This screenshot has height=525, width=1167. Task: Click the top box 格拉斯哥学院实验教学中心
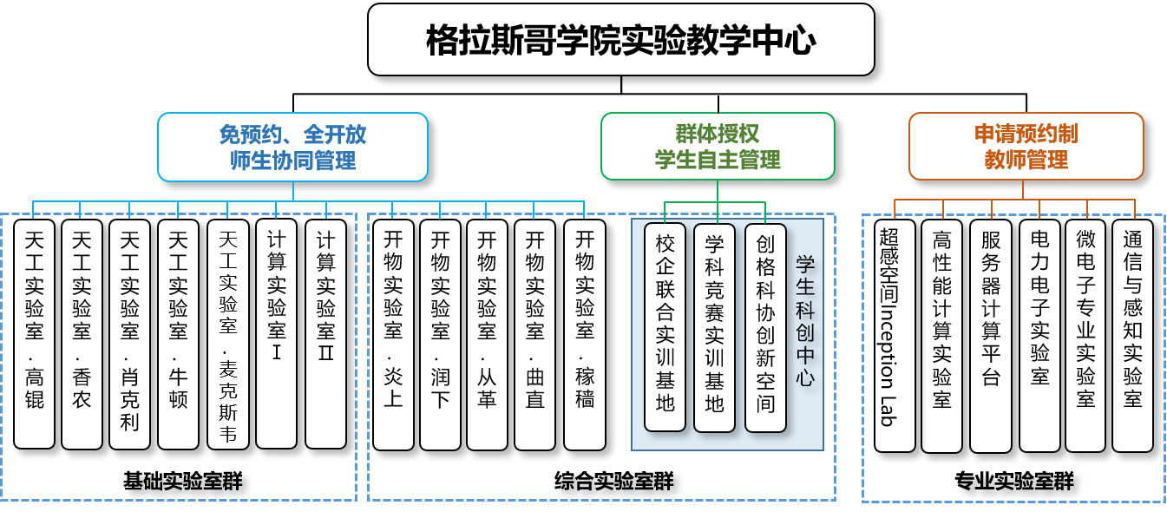[x=621, y=40]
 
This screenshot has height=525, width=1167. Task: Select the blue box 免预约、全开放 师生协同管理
[x=292, y=147]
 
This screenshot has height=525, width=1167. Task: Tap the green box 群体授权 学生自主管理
[x=718, y=147]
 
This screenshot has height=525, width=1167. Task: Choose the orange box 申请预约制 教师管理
[x=1026, y=147]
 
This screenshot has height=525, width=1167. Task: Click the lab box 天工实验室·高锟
[x=34, y=334]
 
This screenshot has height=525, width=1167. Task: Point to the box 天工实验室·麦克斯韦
[x=227, y=334]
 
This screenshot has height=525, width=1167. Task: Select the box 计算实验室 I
[x=276, y=334]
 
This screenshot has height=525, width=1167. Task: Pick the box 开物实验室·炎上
[x=393, y=335]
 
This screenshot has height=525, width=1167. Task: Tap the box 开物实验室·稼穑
[x=585, y=335]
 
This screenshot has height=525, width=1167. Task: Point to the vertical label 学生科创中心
[x=805, y=321]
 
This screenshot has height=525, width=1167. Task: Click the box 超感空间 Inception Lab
[x=895, y=336]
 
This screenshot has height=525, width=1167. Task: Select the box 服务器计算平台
[x=990, y=336]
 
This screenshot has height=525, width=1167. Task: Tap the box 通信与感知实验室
[x=1132, y=336]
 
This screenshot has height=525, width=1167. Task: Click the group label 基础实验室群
[x=183, y=481]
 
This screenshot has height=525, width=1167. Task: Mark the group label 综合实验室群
[x=613, y=481]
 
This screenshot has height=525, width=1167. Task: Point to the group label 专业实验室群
[x=1013, y=481]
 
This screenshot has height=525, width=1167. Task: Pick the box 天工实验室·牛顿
[x=178, y=334]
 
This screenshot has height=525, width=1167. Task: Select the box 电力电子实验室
[x=1039, y=336]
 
